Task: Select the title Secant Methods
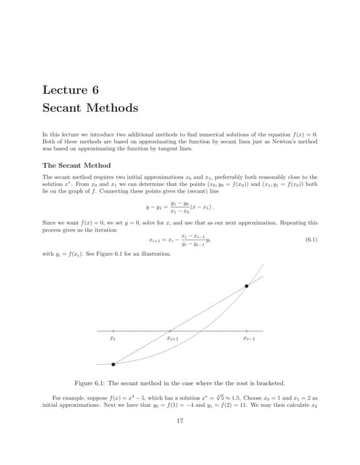(90, 108)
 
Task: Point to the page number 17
(180, 419)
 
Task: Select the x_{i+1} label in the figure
(172, 339)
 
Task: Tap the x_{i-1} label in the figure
(248, 339)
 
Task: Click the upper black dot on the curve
(247, 286)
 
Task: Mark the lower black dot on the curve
(113, 364)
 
